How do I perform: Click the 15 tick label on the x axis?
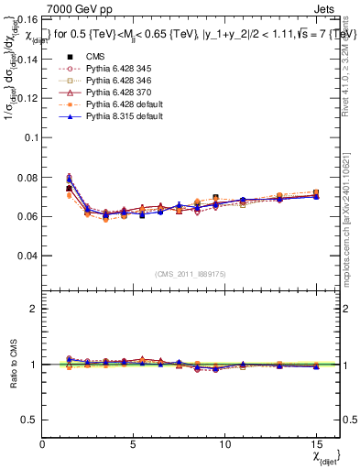point(316,443)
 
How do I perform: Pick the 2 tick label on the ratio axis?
point(34,309)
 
